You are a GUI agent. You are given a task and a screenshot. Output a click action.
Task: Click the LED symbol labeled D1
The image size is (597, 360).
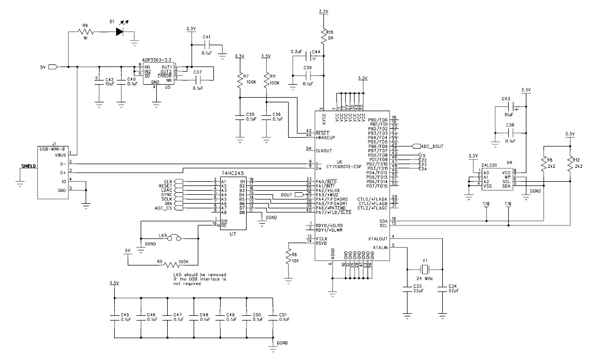tap(120, 31)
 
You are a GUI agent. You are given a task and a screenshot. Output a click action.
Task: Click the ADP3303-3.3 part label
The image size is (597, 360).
tap(157, 60)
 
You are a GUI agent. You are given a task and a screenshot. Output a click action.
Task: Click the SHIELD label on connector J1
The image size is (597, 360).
tap(29, 166)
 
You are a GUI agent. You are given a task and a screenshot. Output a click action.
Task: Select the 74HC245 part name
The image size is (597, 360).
tap(232, 171)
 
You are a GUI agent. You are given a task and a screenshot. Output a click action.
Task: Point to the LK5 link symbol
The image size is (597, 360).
tap(174, 237)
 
